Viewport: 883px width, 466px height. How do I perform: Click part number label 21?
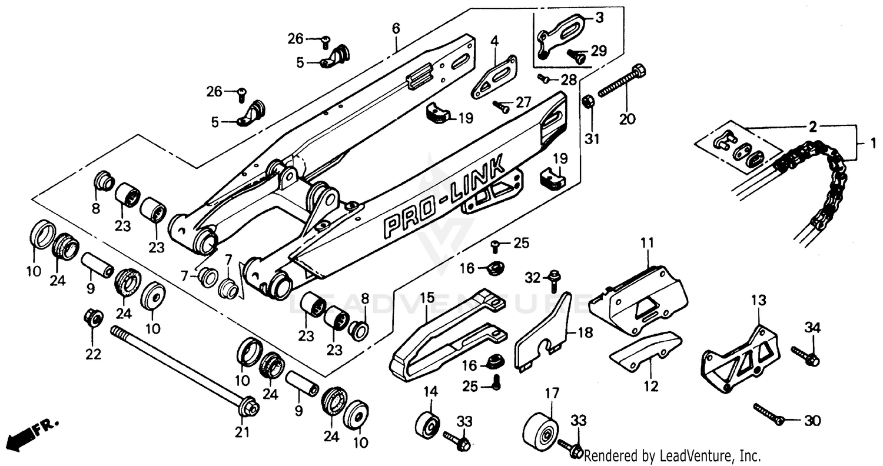pos(243,433)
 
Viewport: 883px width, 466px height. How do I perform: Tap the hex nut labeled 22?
pos(93,318)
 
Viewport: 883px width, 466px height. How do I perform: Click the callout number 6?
pos(396,28)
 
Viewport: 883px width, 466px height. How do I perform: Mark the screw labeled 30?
pos(769,414)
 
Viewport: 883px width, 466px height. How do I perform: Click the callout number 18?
pos(585,332)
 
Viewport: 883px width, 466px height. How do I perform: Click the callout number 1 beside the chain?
pos(874,142)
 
